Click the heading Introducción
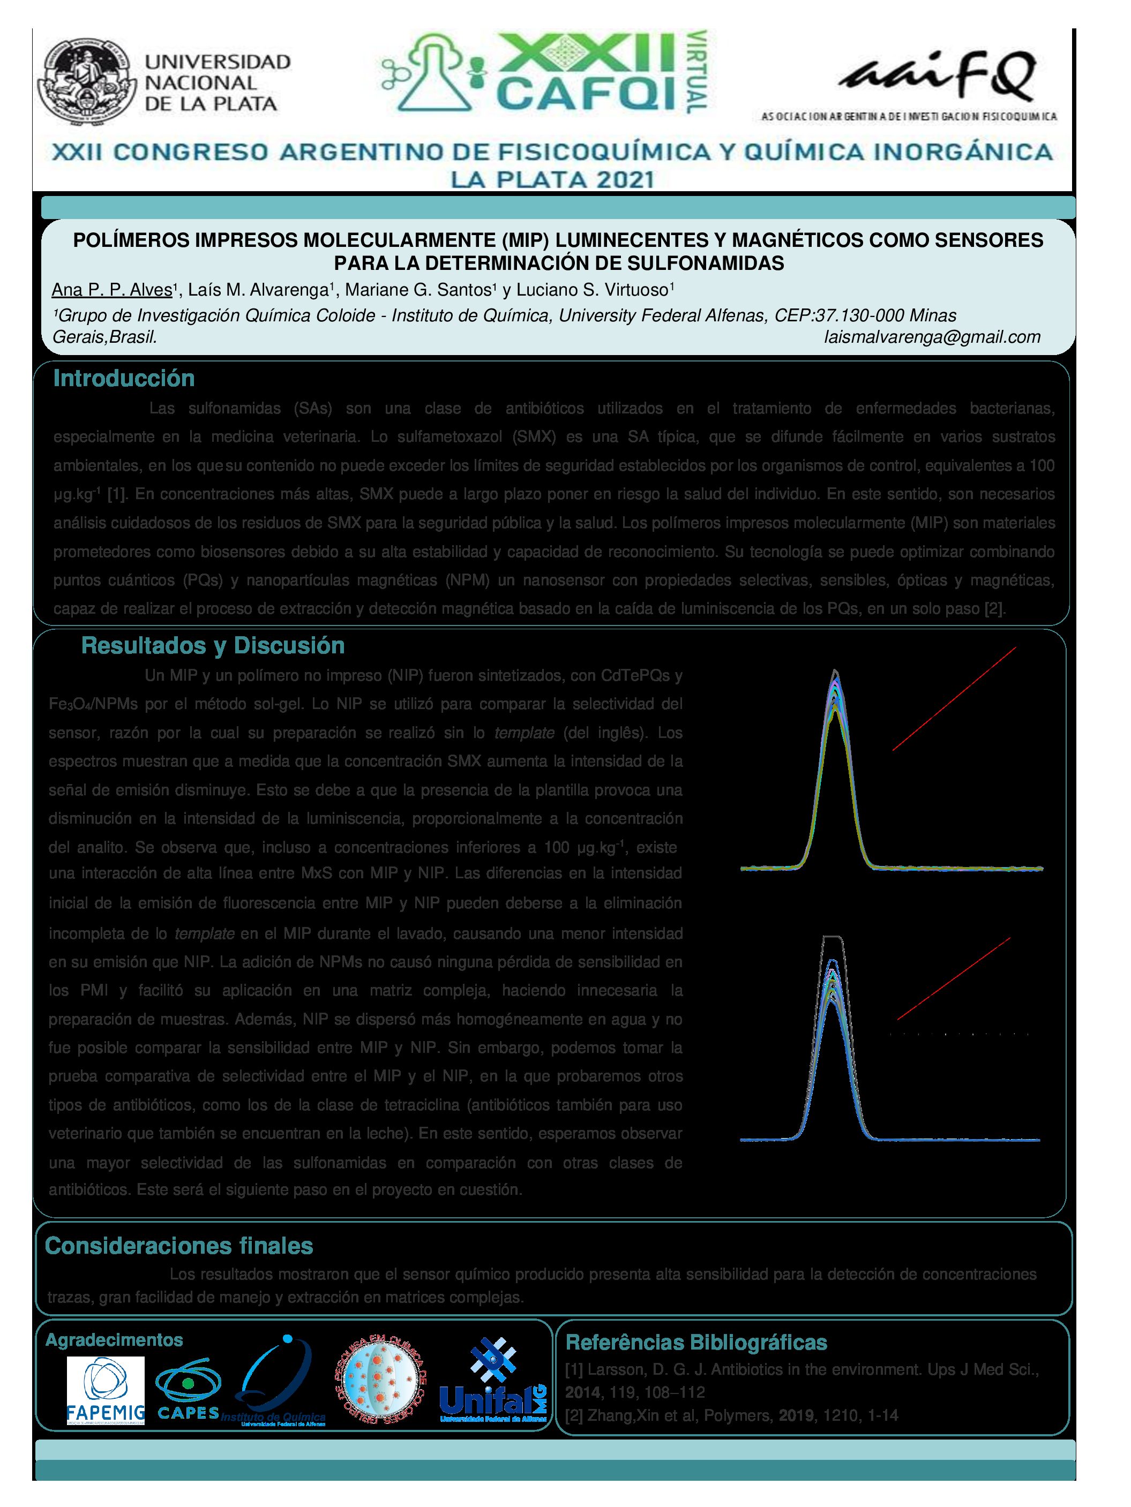coord(124,378)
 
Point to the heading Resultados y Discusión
coord(213,645)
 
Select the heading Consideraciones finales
coord(178,1246)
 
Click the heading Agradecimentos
coord(114,1340)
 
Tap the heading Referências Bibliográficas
coord(696,1343)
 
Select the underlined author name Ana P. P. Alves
coord(112,290)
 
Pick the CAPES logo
coord(188,1390)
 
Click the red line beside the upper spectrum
coord(954,699)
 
